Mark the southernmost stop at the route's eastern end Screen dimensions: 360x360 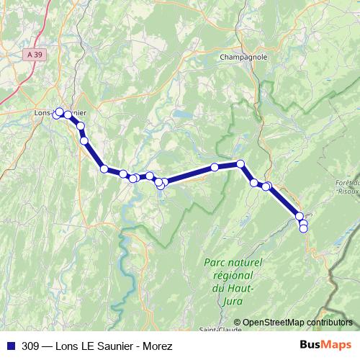[x=303, y=228]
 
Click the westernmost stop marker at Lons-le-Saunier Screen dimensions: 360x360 [x=55, y=115]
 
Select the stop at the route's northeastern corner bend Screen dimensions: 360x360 [x=240, y=163]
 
